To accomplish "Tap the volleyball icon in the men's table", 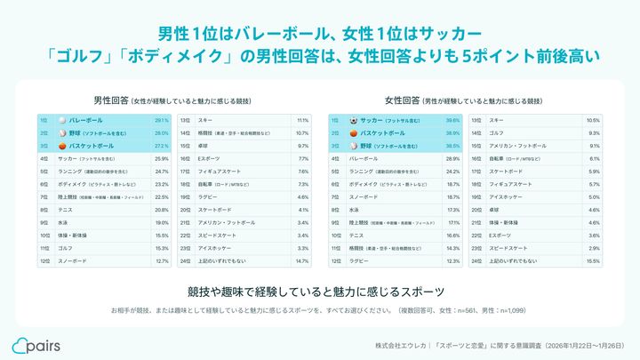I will click(61, 119).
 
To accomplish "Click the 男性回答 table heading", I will click(110, 100).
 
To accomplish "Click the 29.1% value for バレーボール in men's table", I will click(162, 119).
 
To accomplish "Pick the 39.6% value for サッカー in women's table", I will click(452, 119).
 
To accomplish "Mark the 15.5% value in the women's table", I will click(594, 260).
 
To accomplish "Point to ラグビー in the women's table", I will click(360, 260).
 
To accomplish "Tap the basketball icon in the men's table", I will click(61, 145).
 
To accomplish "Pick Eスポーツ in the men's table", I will click(210, 157).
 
